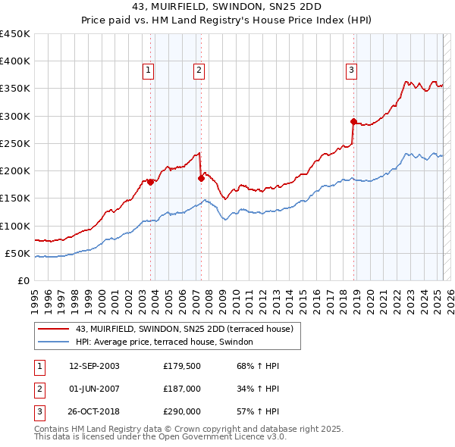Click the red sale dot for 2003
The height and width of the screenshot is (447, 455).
coord(151,182)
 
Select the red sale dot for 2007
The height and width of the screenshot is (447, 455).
coord(201,178)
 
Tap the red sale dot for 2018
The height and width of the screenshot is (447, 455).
coord(353,121)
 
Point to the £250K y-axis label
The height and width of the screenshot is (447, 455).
coord(15,143)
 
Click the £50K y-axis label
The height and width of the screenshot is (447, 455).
coord(17,253)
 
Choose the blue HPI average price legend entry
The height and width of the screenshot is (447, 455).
coord(168,342)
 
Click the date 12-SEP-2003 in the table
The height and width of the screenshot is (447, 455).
coord(94,366)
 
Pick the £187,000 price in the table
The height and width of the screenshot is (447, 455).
coord(182,389)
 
